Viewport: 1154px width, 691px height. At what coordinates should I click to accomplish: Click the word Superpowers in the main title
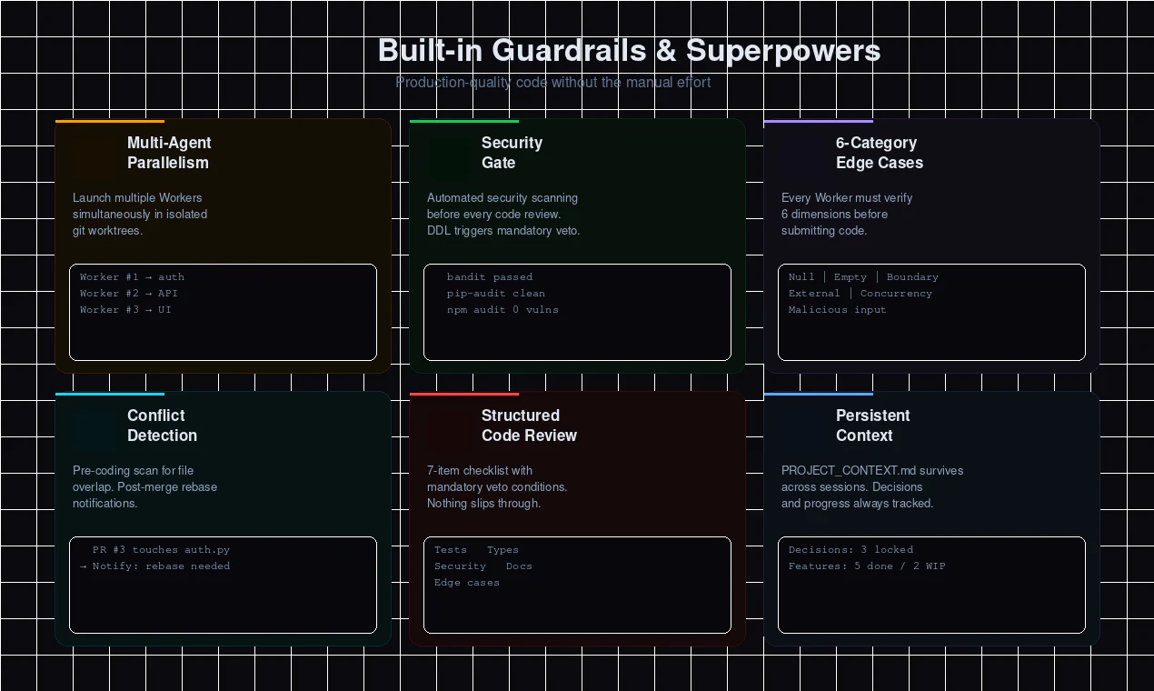(x=783, y=51)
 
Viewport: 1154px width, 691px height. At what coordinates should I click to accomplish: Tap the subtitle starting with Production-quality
(x=552, y=82)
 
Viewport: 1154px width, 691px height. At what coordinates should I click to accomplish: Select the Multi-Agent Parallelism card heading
(x=169, y=153)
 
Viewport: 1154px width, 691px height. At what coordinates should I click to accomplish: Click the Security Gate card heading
(x=512, y=153)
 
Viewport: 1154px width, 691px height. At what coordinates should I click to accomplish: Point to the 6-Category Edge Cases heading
(x=880, y=153)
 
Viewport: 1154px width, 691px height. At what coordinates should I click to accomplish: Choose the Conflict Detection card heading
(x=162, y=426)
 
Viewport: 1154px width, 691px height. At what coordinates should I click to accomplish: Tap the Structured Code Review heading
(x=529, y=426)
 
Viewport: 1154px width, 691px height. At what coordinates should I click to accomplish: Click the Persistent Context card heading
(x=872, y=426)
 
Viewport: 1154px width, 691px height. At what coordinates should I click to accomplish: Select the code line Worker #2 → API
(x=129, y=294)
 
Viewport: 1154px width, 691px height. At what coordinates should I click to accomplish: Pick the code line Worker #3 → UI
(x=125, y=310)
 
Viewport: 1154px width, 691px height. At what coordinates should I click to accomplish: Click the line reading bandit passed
(x=490, y=277)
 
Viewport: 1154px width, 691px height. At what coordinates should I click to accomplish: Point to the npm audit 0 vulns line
(x=502, y=310)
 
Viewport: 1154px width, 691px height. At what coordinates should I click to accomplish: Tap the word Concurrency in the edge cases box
(x=896, y=294)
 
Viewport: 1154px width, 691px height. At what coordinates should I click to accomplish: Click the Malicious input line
(x=837, y=310)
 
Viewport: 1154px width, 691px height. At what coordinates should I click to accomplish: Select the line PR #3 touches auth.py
(x=161, y=550)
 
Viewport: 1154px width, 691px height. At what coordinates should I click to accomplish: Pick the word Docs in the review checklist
(x=519, y=566)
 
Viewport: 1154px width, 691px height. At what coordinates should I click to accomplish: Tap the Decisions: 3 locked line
(x=851, y=550)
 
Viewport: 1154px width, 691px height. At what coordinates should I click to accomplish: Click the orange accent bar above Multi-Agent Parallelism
(x=110, y=121)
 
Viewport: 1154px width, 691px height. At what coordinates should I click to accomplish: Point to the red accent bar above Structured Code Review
(x=464, y=394)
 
